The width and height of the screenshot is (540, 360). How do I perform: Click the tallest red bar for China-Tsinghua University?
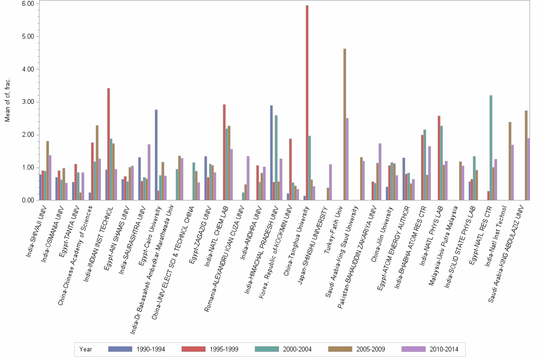point(307,103)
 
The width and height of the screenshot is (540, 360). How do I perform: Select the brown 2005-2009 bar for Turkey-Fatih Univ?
point(344,124)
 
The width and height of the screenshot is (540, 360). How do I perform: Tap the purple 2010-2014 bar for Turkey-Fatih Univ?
point(347,159)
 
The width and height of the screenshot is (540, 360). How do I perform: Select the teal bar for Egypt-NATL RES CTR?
point(490,148)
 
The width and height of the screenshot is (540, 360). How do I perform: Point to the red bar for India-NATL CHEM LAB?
point(224,152)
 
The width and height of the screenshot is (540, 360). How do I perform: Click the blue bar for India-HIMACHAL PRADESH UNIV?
point(271,153)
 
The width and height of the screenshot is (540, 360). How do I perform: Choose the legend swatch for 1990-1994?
point(120,349)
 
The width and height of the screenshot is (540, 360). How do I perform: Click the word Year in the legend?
point(86,350)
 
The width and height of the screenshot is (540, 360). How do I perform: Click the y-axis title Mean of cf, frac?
point(7,101)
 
